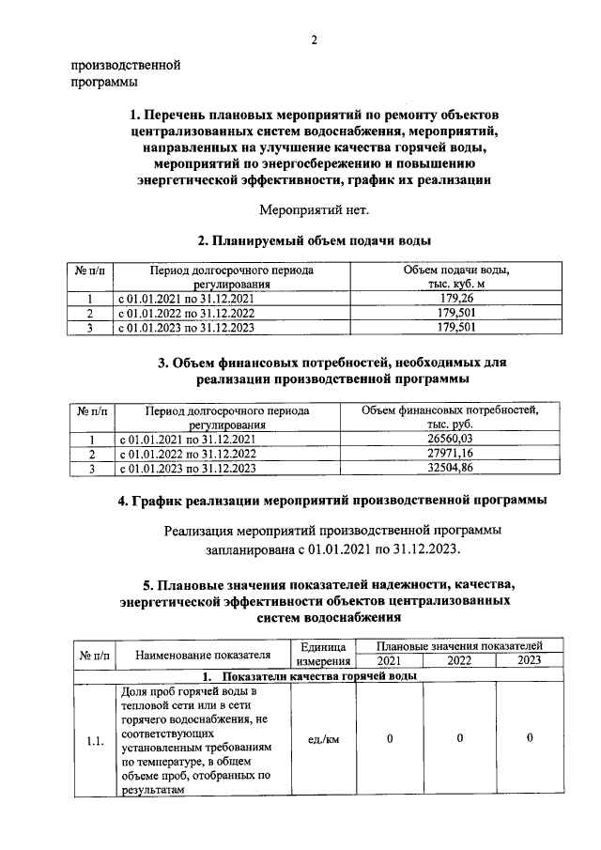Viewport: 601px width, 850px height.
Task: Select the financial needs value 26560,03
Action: (x=451, y=440)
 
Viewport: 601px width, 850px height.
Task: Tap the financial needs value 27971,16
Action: (x=451, y=454)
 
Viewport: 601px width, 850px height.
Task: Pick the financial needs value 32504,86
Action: (x=451, y=468)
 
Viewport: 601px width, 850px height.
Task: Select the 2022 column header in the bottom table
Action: (x=459, y=661)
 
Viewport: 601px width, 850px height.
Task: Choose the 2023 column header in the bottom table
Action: (x=531, y=661)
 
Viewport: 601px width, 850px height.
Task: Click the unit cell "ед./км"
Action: (x=324, y=739)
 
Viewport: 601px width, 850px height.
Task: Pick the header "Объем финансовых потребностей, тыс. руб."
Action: (x=451, y=418)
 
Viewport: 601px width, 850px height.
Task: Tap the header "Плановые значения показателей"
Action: (x=460, y=646)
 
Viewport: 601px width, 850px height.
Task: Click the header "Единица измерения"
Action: (x=324, y=655)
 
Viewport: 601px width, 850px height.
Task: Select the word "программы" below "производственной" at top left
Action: (x=104, y=83)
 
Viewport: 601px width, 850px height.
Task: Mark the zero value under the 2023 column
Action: (x=531, y=739)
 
